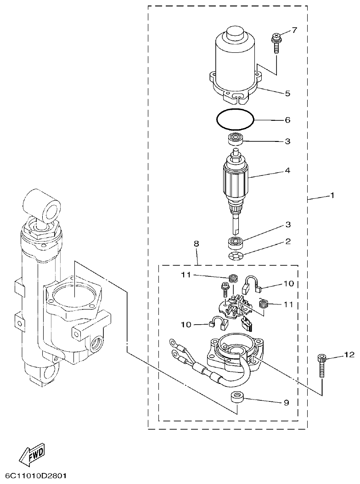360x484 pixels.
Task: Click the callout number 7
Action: coord(294,31)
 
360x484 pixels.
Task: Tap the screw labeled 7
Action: coord(277,43)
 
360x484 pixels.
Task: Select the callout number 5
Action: coord(287,93)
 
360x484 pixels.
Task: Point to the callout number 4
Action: coord(287,170)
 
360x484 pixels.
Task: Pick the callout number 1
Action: coord(332,196)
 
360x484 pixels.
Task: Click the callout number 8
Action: coord(197,244)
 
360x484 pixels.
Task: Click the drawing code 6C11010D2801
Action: coord(36,474)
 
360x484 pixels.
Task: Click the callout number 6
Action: coord(287,120)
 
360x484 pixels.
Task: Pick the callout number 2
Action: coord(287,241)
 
